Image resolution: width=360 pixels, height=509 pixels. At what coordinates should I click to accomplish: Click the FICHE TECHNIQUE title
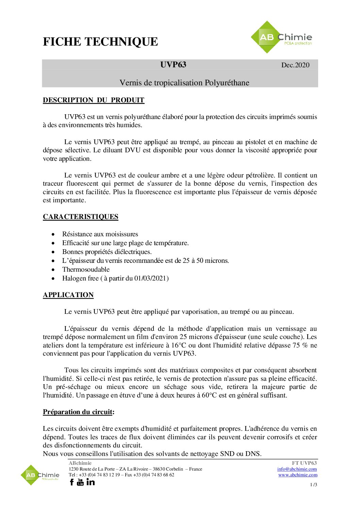coord(100,41)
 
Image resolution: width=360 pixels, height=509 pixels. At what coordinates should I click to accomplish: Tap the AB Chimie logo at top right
coord(281,37)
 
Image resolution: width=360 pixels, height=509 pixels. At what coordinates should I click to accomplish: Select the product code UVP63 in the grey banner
coord(173,65)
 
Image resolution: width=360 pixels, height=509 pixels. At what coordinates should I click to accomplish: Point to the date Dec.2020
coord(295,65)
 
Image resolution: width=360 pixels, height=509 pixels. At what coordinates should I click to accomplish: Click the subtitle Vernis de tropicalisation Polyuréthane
coord(184,83)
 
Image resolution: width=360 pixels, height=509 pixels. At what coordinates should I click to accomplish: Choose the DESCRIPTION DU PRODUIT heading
coord(94,100)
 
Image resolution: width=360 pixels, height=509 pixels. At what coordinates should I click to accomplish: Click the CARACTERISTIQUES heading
coord(81,217)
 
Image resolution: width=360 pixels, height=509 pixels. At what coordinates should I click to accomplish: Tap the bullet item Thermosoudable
coord(86,269)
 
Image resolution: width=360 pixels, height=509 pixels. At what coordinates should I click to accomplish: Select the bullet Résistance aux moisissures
coord(100,234)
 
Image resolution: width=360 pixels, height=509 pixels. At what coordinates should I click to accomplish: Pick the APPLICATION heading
coord(68,295)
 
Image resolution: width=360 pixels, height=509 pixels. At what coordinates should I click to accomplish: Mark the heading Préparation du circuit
coord(78,412)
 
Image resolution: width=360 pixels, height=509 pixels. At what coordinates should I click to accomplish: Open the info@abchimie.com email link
coord(297,469)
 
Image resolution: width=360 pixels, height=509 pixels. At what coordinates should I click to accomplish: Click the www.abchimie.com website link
coord(298,475)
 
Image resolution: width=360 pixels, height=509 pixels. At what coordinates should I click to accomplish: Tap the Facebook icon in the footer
coord(72,482)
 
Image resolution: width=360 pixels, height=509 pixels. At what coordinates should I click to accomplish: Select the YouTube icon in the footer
coord(80,482)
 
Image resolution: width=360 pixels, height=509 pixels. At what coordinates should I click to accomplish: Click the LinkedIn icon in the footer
coord(91,482)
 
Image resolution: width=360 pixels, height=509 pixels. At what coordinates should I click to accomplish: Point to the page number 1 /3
coord(313,485)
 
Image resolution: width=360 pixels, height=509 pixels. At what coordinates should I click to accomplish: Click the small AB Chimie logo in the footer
coord(40,475)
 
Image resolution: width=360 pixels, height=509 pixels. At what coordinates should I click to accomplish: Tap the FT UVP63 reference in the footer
coord(304,463)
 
